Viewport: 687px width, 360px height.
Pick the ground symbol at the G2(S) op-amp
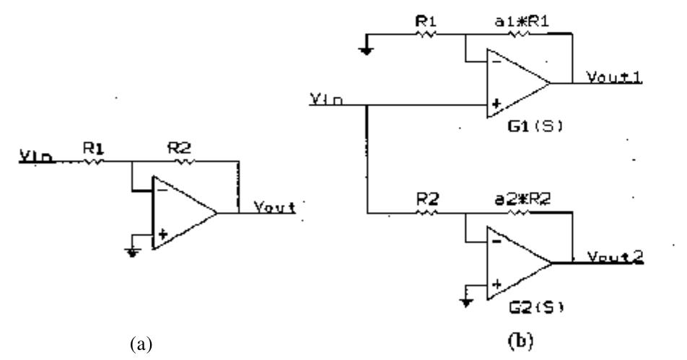(x=466, y=299)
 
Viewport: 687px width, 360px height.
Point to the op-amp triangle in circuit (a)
(x=181, y=213)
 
